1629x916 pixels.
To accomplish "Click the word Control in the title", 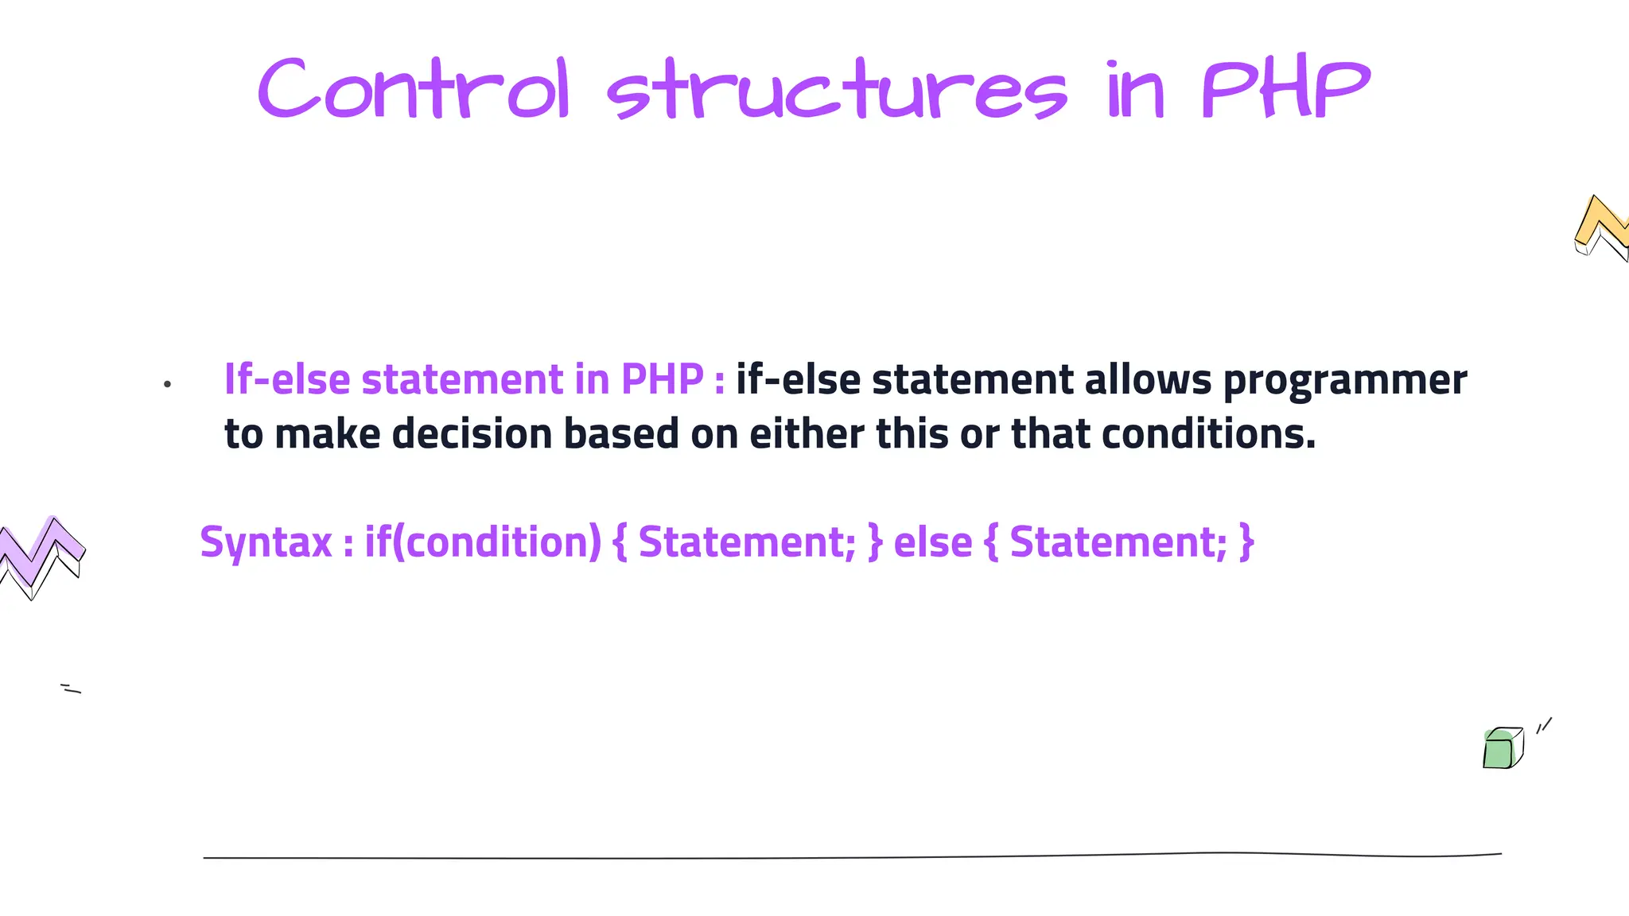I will [x=414, y=90].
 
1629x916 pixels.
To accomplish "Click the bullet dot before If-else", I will [x=167, y=385].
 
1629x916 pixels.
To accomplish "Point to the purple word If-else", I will [x=287, y=378].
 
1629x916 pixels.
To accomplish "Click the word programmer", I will [x=1344, y=380].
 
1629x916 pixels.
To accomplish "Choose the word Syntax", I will [x=266, y=542].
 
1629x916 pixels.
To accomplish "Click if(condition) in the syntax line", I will [x=483, y=542].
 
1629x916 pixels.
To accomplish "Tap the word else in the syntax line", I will [x=933, y=542].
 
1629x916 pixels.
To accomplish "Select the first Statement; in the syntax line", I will [x=747, y=542].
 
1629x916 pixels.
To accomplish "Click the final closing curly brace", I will [x=1246, y=542].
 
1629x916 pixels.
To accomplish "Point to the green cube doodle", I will [x=1502, y=748].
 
